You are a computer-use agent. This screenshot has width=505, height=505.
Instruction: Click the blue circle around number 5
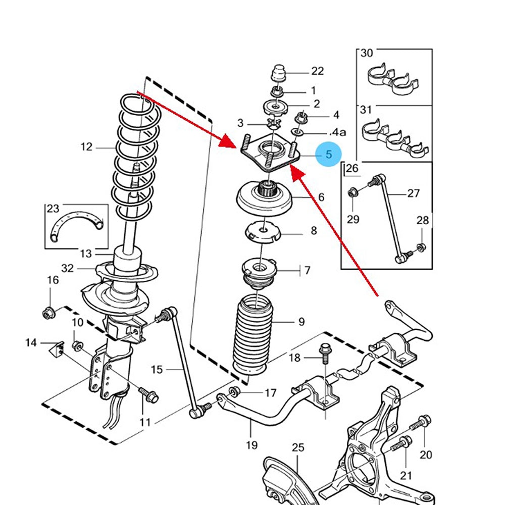(328, 154)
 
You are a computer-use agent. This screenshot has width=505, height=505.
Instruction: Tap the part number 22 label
(317, 71)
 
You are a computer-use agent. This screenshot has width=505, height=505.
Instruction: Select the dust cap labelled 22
(279, 74)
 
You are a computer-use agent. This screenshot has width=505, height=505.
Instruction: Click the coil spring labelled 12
(137, 157)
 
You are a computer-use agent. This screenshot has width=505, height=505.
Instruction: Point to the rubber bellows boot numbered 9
(253, 335)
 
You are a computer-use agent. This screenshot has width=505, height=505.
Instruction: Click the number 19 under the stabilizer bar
(252, 445)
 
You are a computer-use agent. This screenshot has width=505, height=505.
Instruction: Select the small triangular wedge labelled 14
(57, 350)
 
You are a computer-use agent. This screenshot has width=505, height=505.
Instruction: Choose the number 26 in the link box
(351, 168)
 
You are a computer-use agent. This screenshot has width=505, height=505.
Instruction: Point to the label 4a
(337, 132)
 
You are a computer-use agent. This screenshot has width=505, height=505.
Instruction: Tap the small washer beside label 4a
(296, 132)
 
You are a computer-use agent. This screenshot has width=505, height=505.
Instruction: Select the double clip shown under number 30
(393, 79)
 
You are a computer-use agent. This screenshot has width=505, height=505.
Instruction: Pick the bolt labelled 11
(148, 395)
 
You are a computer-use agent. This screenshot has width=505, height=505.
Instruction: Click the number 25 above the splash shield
(298, 447)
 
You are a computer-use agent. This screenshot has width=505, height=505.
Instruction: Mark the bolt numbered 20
(421, 423)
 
